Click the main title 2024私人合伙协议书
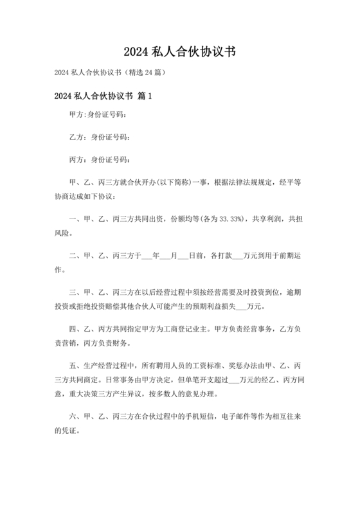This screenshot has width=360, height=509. point(180,51)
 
